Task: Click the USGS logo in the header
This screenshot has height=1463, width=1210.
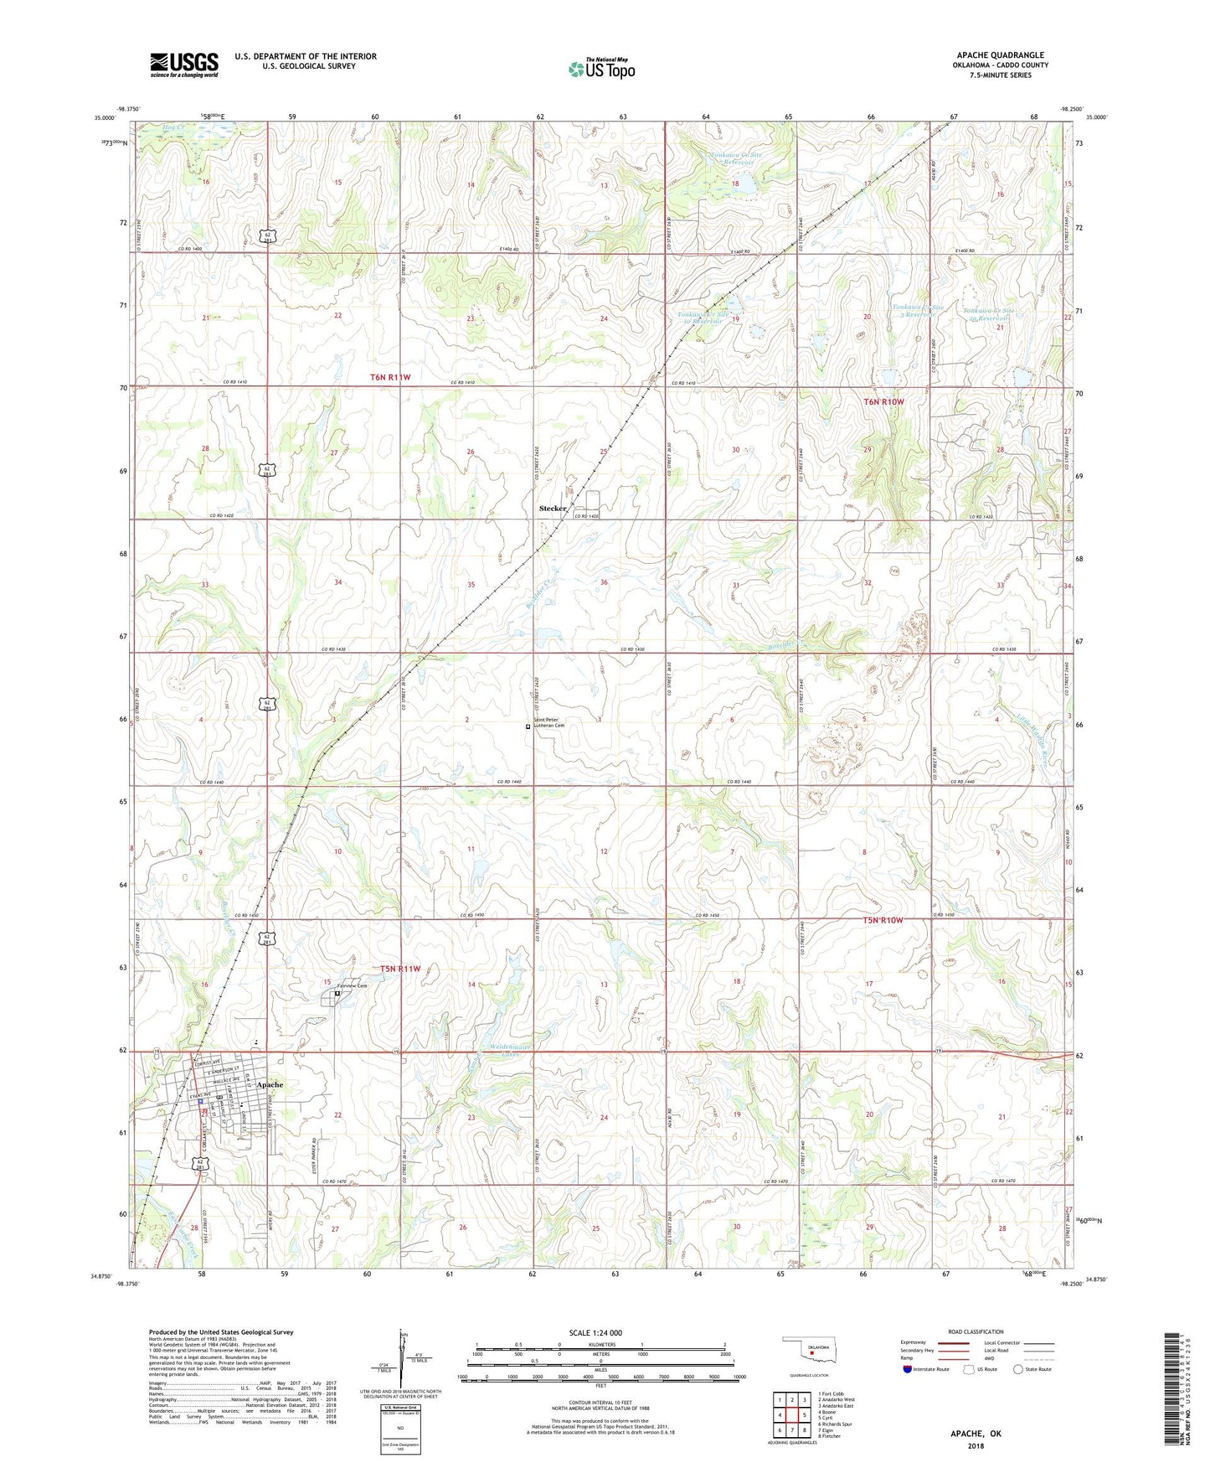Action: (x=184, y=65)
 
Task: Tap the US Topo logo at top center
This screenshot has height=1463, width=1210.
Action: (x=601, y=69)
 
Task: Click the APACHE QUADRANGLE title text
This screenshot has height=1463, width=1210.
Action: (x=1000, y=55)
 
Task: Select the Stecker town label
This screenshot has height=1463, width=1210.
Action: (x=553, y=509)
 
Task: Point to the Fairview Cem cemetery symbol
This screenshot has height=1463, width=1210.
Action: (x=337, y=994)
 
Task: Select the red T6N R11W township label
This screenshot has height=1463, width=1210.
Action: (x=390, y=378)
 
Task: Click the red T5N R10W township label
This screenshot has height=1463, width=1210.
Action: (x=878, y=920)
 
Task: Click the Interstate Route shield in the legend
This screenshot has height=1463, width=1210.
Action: (x=909, y=1370)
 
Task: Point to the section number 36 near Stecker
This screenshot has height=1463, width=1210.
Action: (x=604, y=582)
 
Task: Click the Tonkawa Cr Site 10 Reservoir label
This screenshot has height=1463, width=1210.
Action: (x=704, y=318)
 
